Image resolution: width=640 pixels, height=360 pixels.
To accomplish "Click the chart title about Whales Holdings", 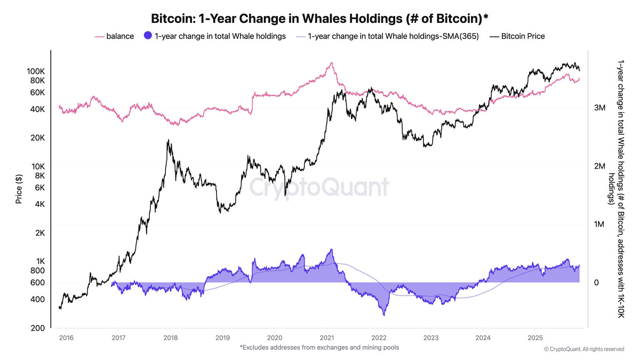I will pyautogui.click(x=320, y=19).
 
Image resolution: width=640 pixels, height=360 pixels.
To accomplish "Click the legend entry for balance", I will pyautogui.click(x=114, y=36).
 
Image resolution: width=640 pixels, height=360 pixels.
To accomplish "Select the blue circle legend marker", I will pyautogui.click(x=148, y=36).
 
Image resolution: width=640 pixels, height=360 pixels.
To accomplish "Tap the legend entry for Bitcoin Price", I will pyautogui.click(x=517, y=36).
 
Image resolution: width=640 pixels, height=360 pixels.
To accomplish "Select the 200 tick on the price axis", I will pyautogui.click(x=38, y=328).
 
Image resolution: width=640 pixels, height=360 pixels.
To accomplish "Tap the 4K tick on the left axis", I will pyautogui.click(x=39, y=204).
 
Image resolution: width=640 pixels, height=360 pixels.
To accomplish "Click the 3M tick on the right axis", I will pyautogui.click(x=599, y=108).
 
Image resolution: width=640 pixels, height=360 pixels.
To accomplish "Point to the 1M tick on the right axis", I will pyautogui.click(x=599, y=225).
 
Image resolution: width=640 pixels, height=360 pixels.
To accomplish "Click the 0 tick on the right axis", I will pyautogui.click(x=597, y=283).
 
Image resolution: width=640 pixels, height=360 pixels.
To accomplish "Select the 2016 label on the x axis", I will pyautogui.click(x=66, y=338).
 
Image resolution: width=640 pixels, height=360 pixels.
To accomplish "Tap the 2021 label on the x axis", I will pyautogui.click(x=326, y=338).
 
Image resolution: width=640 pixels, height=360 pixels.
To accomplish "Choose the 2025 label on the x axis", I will pyautogui.click(x=535, y=338).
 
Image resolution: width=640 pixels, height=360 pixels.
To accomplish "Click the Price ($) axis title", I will pyautogui.click(x=19, y=189).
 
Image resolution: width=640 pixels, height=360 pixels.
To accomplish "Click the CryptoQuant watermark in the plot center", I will pyautogui.click(x=319, y=188).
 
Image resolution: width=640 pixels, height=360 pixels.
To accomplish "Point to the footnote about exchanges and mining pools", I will pyautogui.click(x=319, y=348).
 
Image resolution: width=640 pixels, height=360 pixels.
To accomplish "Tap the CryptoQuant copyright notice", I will pyautogui.click(x=584, y=349).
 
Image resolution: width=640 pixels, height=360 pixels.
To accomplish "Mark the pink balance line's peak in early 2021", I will pyautogui.click(x=332, y=63).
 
